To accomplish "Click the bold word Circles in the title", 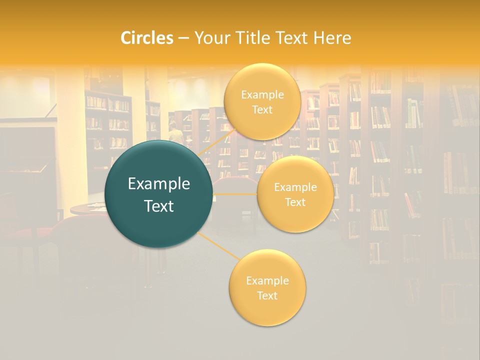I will pyautogui.click(x=146, y=37).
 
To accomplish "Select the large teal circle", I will pyautogui.click(x=158, y=194).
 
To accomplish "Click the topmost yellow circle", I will pyautogui.click(x=262, y=101).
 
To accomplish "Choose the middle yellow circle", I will pyautogui.click(x=295, y=194).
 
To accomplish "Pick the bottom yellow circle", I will pyautogui.click(x=267, y=287).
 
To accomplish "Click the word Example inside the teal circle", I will pyautogui.click(x=159, y=184).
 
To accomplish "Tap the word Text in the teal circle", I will pyautogui.click(x=159, y=206).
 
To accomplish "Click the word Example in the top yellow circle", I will pyautogui.click(x=262, y=94).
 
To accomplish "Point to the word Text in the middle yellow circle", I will pyautogui.click(x=295, y=202).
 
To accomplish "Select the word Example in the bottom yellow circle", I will pyautogui.click(x=267, y=280).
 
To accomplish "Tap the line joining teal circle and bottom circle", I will pyautogui.click(x=218, y=245).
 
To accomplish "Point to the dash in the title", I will pyautogui.click(x=183, y=38).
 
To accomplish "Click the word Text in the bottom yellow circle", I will pyautogui.click(x=267, y=295).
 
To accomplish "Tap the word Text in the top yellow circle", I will pyautogui.click(x=262, y=109).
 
